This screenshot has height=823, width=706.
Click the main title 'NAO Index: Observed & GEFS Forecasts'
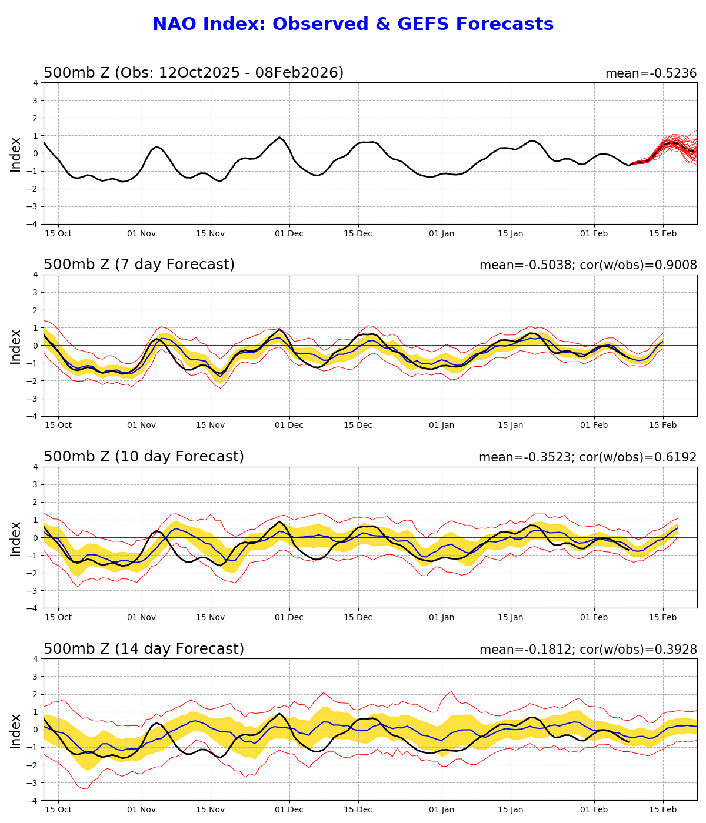(x=353, y=25)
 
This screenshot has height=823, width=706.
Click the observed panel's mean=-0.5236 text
(x=651, y=74)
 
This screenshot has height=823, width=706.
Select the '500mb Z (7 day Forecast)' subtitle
(x=139, y=265)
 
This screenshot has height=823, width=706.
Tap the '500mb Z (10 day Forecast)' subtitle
(x=144, y=457)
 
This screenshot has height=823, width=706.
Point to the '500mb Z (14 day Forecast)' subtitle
(x=144, y=650)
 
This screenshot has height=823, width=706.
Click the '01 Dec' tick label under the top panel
(x=289, y=234)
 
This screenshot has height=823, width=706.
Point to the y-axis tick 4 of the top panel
(x=36, y=83)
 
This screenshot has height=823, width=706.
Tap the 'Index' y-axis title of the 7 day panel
(x=16, y=346)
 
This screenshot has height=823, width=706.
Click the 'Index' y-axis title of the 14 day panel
(x=16, y=730)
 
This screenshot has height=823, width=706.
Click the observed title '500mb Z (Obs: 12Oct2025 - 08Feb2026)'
(x=194, y=73)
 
